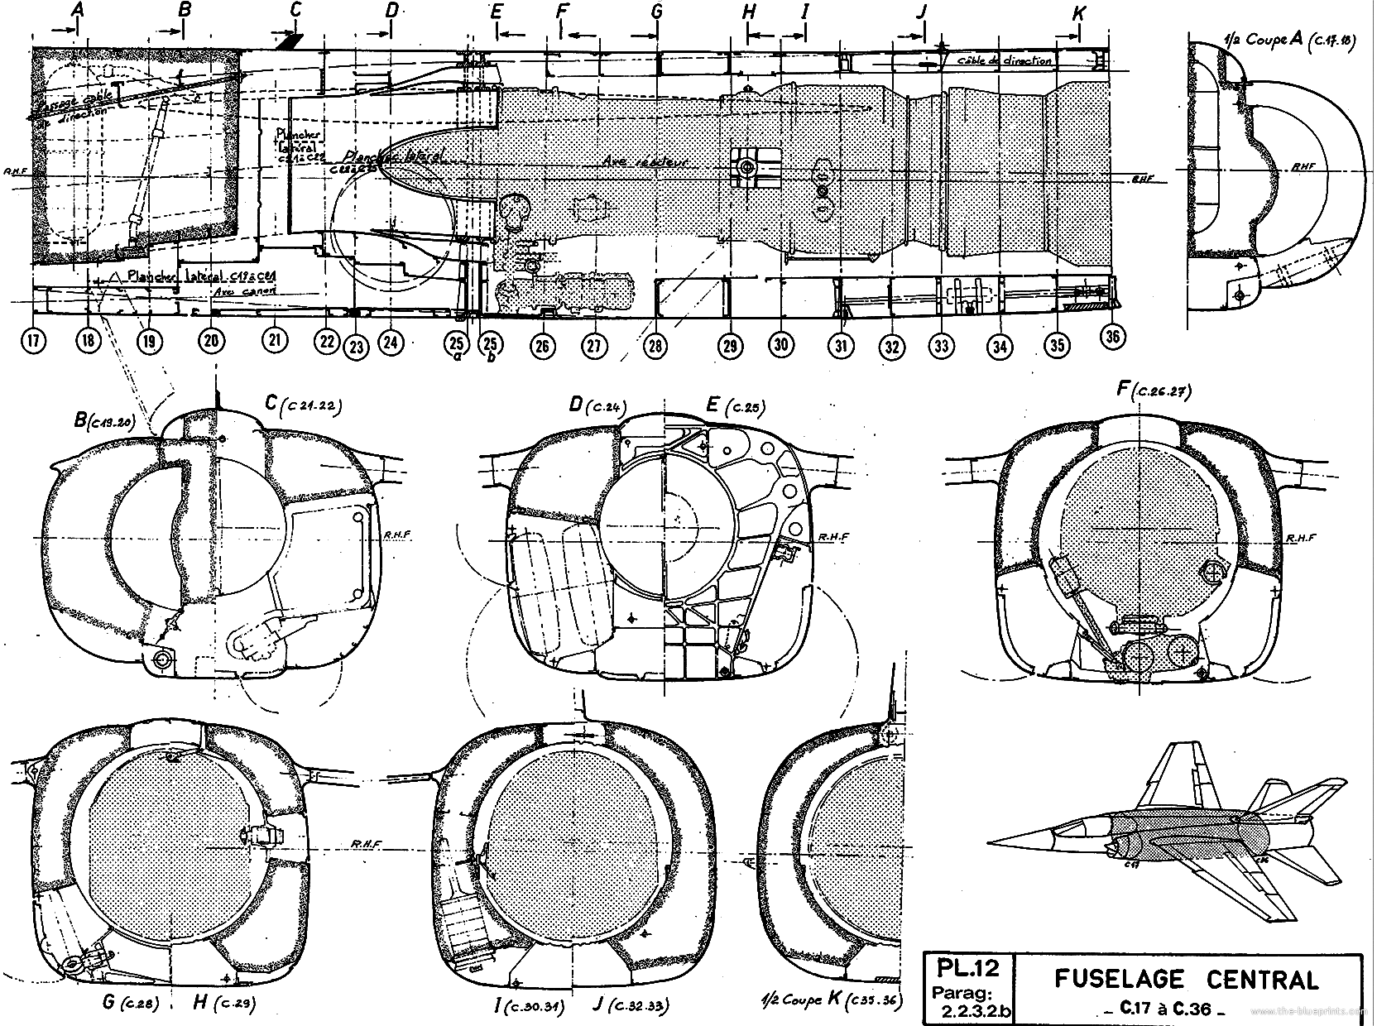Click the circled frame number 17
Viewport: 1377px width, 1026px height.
(x=34, y=341)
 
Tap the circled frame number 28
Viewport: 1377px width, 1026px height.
(x=655, y=346)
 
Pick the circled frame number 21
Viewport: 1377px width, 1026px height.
(x=274, y=340)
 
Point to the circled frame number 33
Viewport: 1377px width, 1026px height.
(x=940, y=347)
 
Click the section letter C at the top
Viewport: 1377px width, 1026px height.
(x=295, y=10)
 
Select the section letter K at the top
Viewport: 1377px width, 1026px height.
(x=1078, y=13)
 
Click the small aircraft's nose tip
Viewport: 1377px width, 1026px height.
(x=990, y=843)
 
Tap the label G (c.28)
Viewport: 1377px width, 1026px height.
(x=125, y=1003)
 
